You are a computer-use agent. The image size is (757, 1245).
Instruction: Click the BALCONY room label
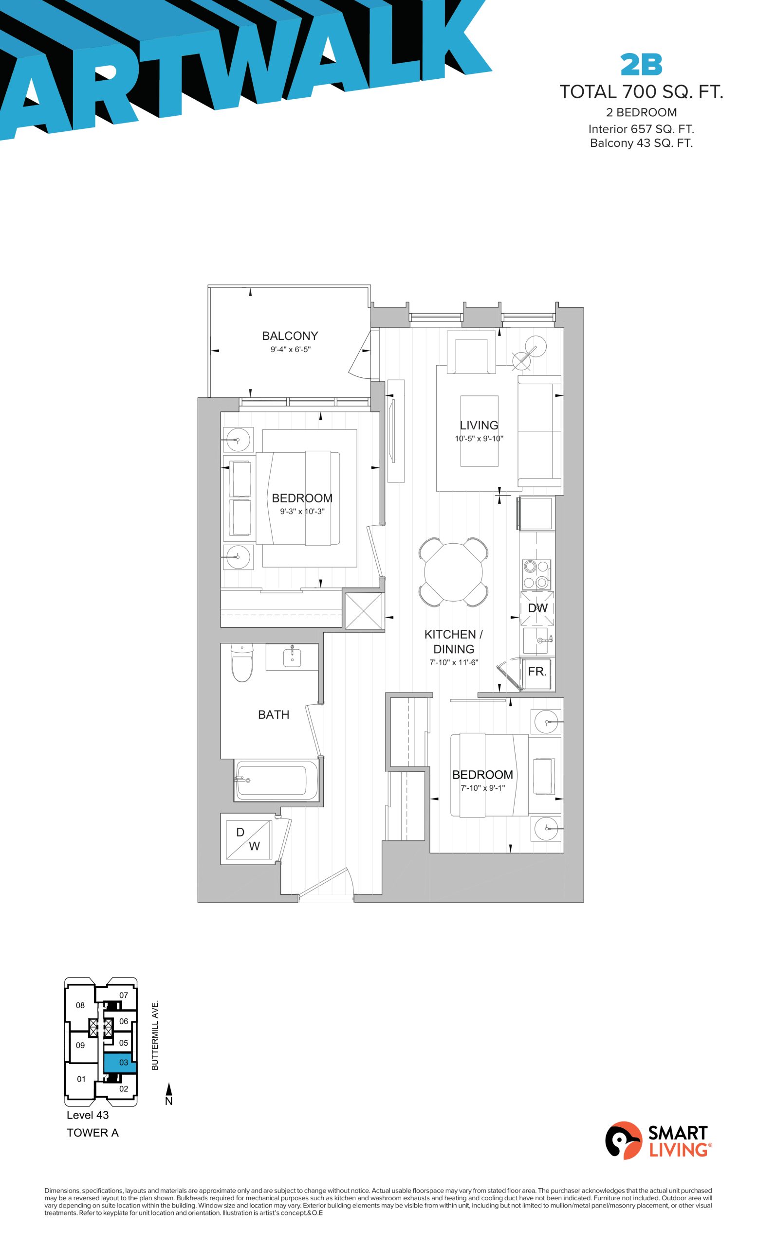click(290, 336)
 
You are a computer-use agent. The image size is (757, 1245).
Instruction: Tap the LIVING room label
click(479, 426)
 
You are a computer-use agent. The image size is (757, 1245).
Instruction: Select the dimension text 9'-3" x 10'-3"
click(302, 511)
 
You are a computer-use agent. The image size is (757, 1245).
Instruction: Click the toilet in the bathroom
click(242, 662)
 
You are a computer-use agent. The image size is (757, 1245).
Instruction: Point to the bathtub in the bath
click(277, 780)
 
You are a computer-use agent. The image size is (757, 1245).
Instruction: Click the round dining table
click(453, 572)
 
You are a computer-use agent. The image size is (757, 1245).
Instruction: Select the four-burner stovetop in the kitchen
click(536, 575)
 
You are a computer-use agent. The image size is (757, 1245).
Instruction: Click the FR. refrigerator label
click(537, 672)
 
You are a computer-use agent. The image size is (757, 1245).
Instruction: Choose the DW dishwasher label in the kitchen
click(537, 608)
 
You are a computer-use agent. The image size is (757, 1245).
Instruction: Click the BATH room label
click(274, 714)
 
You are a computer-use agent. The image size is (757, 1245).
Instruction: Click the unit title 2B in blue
click(641, 64)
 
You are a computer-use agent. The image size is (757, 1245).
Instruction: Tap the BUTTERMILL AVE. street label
click(155, 1034)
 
